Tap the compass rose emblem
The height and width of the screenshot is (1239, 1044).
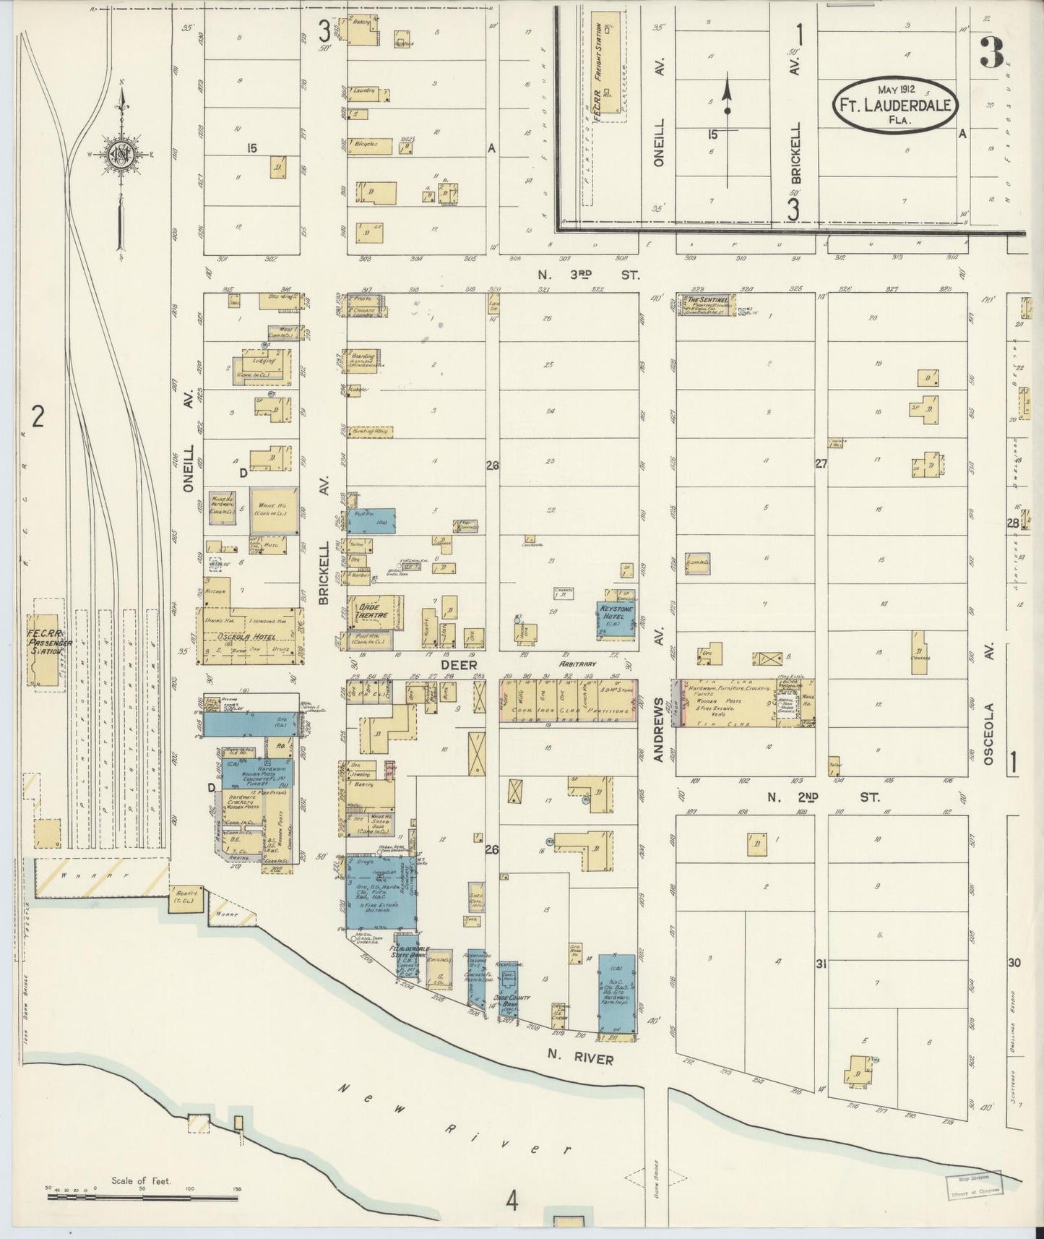coord(120,154)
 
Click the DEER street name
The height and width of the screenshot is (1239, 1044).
coord(459,664)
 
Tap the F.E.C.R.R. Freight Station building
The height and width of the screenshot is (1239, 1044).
coord(605,61)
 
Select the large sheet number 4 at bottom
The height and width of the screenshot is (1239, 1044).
coord(512,1201)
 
